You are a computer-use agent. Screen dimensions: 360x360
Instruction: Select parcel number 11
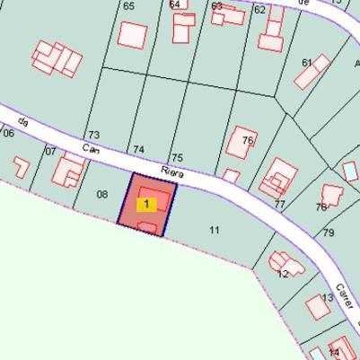click(215, 230)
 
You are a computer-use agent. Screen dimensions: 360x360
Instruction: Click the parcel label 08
click(101, 194)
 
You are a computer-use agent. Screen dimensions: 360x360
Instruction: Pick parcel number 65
click(128, 6)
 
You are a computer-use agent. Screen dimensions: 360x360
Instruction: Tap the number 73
click(93, 135)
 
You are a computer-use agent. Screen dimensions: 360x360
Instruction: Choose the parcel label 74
click(138, 149)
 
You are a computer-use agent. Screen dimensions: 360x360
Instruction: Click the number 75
click(177, 157)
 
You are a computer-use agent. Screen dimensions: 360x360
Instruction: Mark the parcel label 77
click(279, 204)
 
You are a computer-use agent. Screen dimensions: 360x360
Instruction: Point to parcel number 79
click(328, 233)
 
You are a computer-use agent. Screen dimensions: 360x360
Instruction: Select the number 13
click(328, 297)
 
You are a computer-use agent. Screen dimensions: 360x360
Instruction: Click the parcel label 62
click(259, 10)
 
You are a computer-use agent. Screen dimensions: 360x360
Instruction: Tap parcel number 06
click(8, 133)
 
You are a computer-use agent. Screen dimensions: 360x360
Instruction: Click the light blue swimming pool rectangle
click(350, 170)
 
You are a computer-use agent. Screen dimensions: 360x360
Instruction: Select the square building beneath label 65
click(133, 35)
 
